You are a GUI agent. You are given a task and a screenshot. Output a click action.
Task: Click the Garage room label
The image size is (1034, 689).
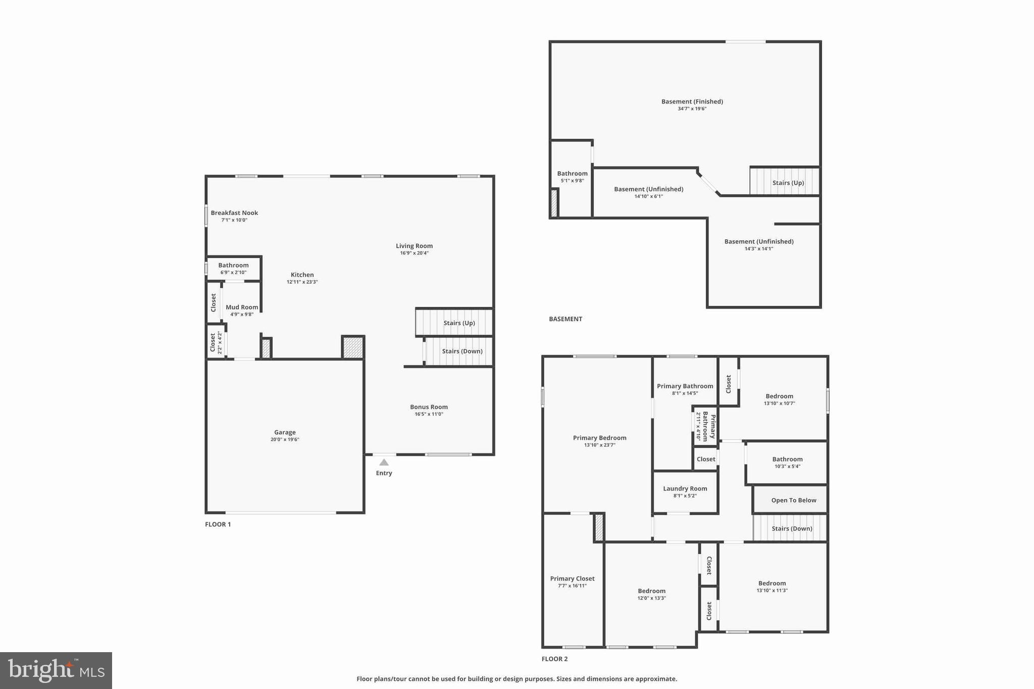pos(285,433)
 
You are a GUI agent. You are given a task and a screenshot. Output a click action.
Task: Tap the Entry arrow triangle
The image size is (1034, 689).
pos(384,462)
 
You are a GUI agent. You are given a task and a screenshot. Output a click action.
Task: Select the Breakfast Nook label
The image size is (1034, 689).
pos(234,213)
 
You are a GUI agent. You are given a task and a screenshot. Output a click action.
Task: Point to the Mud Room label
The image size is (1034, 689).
pos(242,307)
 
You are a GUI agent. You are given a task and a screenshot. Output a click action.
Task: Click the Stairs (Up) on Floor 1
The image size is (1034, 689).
pos(459,323)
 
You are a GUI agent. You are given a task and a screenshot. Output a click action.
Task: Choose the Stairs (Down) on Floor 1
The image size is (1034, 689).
pos(462,351)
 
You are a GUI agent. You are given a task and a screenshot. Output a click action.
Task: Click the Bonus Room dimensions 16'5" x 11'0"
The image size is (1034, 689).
pos(429,414)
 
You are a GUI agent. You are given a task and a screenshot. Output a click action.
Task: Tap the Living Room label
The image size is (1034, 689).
pos(414,246)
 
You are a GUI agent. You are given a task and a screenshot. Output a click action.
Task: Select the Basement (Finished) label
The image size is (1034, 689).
pos(692,101)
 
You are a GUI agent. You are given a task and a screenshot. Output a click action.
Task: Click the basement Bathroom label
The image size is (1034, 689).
pos(572,174)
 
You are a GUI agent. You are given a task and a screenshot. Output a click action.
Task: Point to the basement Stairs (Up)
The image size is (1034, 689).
pos(788,183)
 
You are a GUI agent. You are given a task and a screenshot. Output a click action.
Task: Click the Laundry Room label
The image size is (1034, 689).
pos(685,489)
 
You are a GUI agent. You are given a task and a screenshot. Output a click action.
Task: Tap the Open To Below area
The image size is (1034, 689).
pos(793,500)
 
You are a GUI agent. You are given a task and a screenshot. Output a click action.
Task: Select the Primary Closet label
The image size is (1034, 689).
pos(572,579)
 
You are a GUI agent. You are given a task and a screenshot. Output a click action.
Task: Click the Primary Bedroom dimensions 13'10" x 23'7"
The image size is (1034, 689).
pos(600,445)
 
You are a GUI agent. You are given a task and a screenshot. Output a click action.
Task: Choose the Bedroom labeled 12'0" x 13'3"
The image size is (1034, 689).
pos(651,591)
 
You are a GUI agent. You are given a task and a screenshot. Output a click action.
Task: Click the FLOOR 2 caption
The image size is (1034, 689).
pos(554,659)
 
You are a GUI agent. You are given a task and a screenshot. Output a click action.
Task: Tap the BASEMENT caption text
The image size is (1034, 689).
pos(565,319)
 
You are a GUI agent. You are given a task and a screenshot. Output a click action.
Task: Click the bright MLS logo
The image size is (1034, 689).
pos(56,670)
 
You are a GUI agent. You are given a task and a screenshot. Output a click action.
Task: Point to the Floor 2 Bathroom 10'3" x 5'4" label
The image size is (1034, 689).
pos(787,459)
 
